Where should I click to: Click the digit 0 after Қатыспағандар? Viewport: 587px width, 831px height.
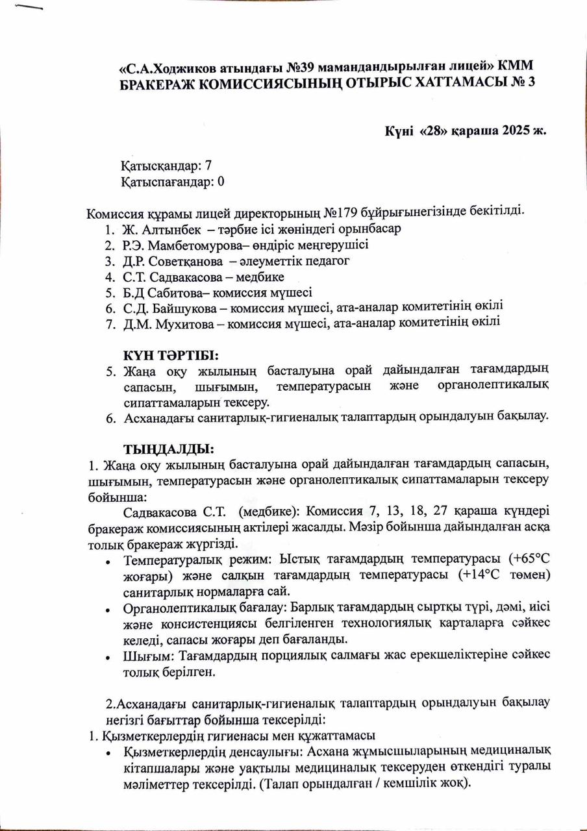221,182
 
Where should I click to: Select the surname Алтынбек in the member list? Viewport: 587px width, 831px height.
171,229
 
